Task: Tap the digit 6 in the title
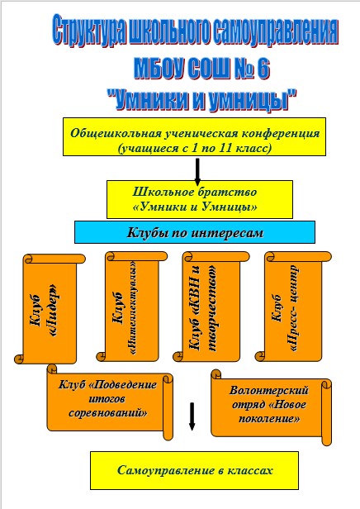click(263, 69)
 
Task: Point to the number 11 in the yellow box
click(225, 148)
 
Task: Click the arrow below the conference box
click(197, 170)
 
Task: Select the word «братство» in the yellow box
click(227, 192)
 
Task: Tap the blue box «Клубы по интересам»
click(195, 232)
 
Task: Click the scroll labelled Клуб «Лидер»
click(50, 308)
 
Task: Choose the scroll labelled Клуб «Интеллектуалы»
click(131, 306)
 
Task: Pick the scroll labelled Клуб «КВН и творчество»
click(211, 306)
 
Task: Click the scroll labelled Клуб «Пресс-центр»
click(293, 306)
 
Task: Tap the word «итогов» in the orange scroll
click(107, 398)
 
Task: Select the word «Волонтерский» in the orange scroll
click(269, 390)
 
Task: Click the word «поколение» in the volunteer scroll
click(269, 419)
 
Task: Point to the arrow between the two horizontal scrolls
click(192, 416)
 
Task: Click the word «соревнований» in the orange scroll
click(108, 413)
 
